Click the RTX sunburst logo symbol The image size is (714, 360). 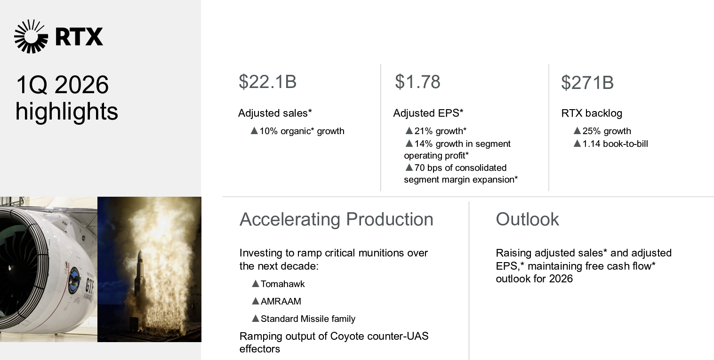(31, 36)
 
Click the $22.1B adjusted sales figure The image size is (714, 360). (268, 82)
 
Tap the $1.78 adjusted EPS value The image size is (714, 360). (417, 82)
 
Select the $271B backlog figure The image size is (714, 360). (587, 82)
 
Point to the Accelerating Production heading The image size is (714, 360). (336, 219)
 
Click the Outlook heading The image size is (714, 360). (527, 219)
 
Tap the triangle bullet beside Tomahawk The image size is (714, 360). (255, 284)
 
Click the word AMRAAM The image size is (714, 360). (281, 301)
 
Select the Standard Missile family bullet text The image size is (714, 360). (308, 319)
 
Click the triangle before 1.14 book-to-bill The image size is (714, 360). (577, 144)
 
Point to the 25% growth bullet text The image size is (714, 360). (607, 131)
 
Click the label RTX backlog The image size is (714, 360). (592, 113)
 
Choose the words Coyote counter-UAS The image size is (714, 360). (379, 336)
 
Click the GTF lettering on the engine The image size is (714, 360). (89, 285)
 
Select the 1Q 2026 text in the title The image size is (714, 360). (62, 85)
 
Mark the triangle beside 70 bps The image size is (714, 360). (409, 167)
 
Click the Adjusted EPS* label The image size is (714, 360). (428, 113)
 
